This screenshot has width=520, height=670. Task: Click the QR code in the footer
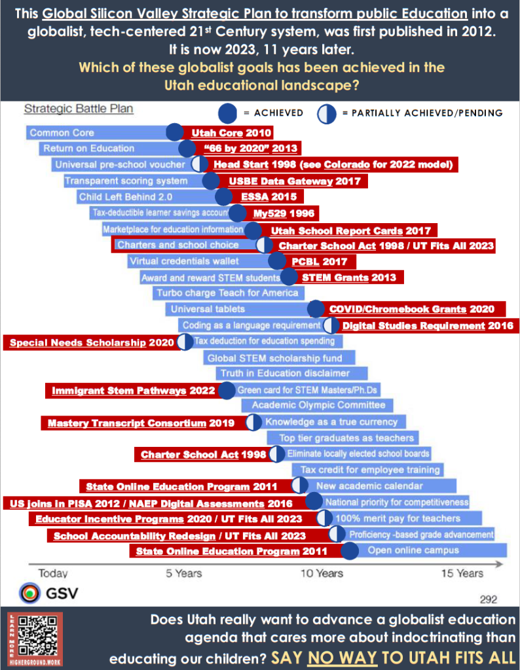click(x=37, y=636)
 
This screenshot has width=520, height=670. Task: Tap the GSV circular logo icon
click(x=29, y=593)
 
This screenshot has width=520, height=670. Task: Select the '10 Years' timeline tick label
click(x=322, y=573)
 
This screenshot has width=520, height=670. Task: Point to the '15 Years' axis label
click(x=462, y=573)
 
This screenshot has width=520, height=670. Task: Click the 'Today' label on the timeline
click(x=53, y=573)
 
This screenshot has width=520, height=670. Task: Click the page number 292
click(x=489, y=599)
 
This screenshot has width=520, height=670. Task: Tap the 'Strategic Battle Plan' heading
click(x=79, y=109)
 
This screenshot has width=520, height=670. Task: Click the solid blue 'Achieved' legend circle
click(x=227, y=113)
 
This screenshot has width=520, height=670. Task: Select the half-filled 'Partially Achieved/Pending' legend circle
click(x=327, y=114)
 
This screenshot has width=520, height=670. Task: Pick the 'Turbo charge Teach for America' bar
click(x=229, y=293)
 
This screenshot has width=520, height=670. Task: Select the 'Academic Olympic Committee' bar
click(x=317, y=405)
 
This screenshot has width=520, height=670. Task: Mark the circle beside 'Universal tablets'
click(x=316, y=309)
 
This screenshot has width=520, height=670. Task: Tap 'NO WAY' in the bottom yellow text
click(x=342, y=657)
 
